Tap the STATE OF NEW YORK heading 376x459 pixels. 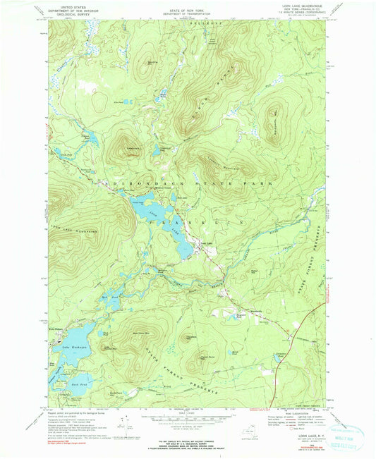(x=186, y=5)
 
